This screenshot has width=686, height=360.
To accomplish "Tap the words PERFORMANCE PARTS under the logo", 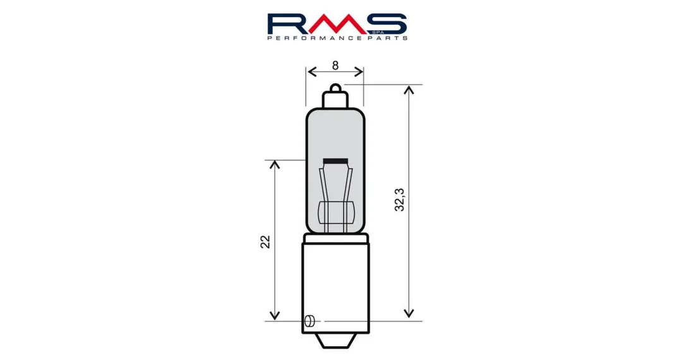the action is (337, 39).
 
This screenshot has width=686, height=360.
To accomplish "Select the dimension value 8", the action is (335, 66).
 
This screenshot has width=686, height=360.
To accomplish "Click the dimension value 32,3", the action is (400, 200).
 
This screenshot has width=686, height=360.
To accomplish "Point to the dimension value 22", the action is (265, 242).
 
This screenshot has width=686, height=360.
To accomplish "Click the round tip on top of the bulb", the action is (335, 88).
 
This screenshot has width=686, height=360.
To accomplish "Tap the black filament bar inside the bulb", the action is (335, 161).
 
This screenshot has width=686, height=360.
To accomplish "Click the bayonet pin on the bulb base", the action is (309, 321).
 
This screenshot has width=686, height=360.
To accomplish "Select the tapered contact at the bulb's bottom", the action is (335, 341).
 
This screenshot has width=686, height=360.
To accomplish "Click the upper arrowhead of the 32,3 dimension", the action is (409, 90).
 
